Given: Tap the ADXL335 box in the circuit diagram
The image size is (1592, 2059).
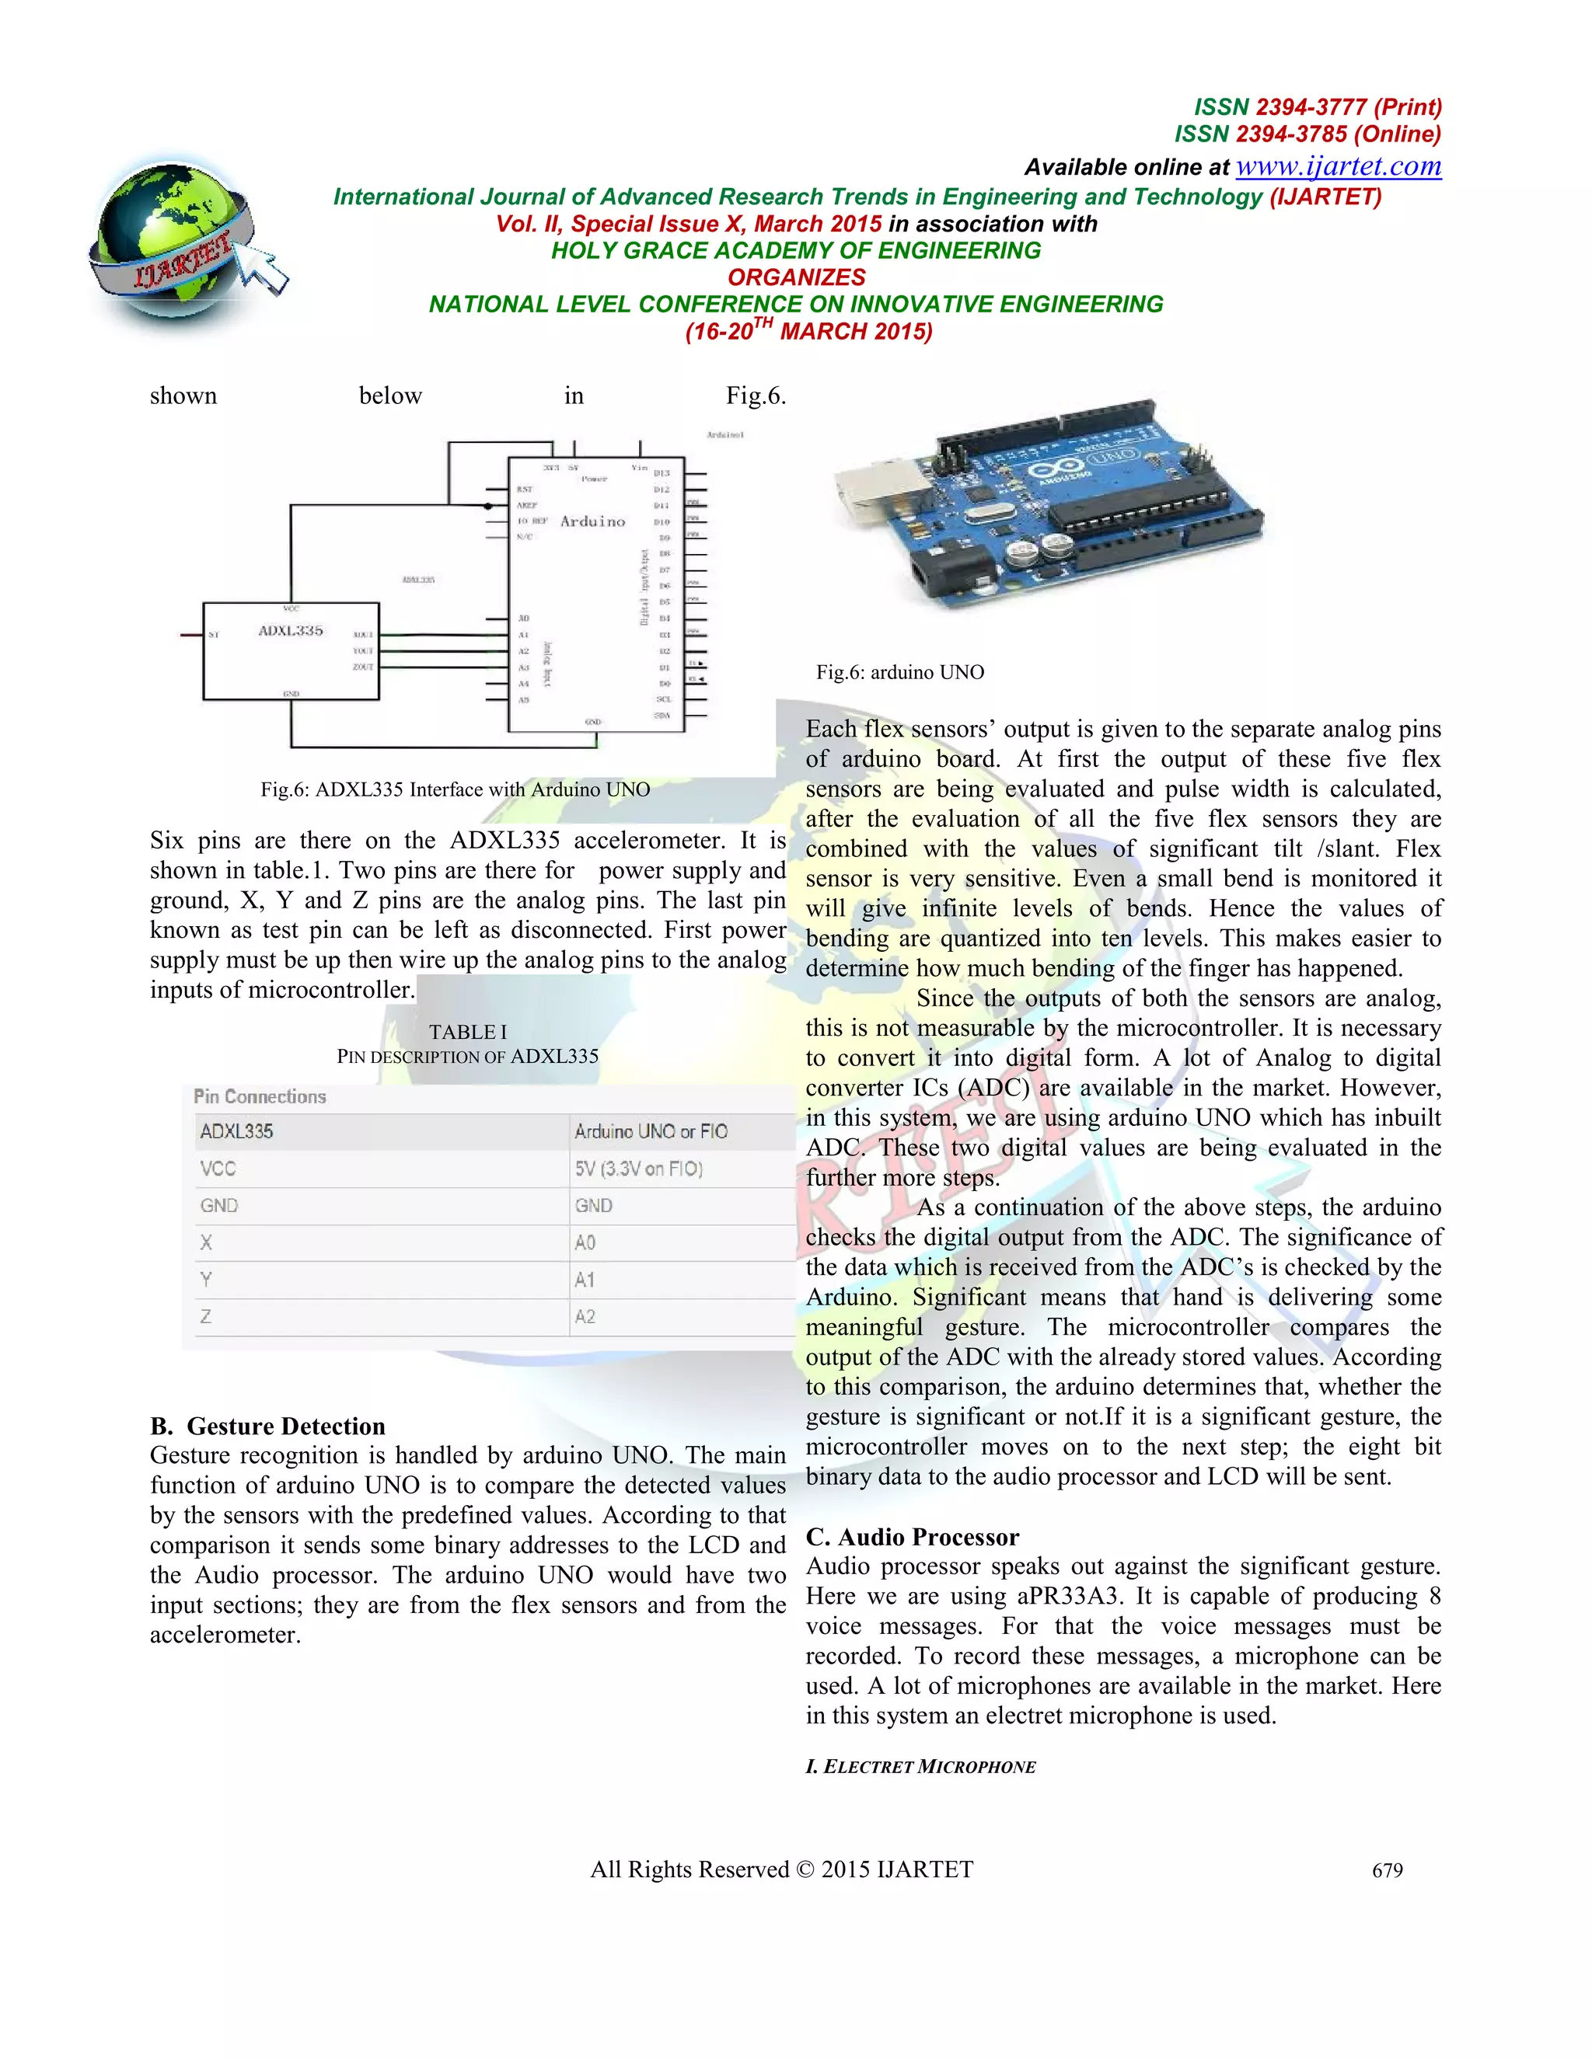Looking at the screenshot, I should (x=291, y=650).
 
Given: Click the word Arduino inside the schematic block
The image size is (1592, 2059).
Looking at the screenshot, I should (x=592, y=521).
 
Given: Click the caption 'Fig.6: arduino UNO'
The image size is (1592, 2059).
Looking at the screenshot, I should (x=899, y=672).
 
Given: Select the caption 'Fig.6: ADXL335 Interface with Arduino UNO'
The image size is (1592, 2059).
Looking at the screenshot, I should (x=455, y=790).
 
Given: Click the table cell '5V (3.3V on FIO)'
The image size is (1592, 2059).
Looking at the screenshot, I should (x=638, y=1169).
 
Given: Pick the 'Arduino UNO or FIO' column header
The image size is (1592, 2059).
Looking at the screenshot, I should (x=651, y=1131).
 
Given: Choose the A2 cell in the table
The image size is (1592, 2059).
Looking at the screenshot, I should (x=585, y=1317).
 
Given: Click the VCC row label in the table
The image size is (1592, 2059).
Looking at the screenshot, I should (x=218, y=1169).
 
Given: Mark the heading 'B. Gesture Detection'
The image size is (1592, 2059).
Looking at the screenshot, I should (x=268, y=1426).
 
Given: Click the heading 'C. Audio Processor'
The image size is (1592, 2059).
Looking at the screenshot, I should (x=911, y=1537).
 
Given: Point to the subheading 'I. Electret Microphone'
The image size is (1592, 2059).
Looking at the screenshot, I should (x=920, y=1767).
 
